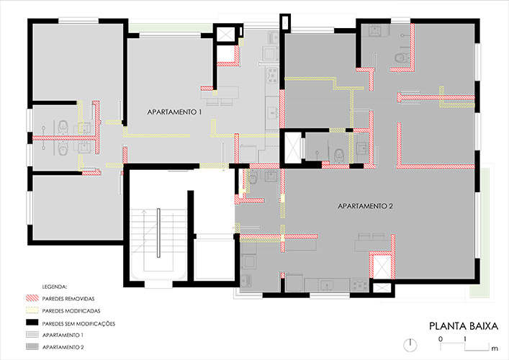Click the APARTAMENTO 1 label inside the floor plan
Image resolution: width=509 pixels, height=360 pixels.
174,112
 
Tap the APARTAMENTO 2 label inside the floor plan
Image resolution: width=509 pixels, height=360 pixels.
365,206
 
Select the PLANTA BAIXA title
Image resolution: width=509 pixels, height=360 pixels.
464,326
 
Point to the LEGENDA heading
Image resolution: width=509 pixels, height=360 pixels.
55,287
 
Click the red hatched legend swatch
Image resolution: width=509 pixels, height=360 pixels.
32,298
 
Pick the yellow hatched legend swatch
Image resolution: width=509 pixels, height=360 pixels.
32,310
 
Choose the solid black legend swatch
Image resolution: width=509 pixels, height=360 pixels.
32,323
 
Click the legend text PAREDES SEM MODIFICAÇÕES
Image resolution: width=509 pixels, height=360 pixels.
78,324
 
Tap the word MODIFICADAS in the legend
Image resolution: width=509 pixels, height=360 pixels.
83,311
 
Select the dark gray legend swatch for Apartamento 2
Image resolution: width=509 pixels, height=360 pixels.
32,347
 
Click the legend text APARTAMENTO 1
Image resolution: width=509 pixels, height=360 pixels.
63,335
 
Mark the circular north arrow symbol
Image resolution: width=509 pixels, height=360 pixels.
410,345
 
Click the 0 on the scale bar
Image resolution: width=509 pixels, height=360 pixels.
440,339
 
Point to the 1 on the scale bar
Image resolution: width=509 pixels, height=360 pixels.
465,339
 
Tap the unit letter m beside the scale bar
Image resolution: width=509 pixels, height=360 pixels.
495,348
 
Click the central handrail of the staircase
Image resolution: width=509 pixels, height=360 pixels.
158,233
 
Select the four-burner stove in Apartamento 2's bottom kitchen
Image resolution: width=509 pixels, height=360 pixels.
360,285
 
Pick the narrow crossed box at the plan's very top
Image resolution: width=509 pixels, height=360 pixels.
285,22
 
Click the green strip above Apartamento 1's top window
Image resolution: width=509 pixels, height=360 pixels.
171,27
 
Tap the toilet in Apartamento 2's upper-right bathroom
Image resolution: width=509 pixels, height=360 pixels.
401,58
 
